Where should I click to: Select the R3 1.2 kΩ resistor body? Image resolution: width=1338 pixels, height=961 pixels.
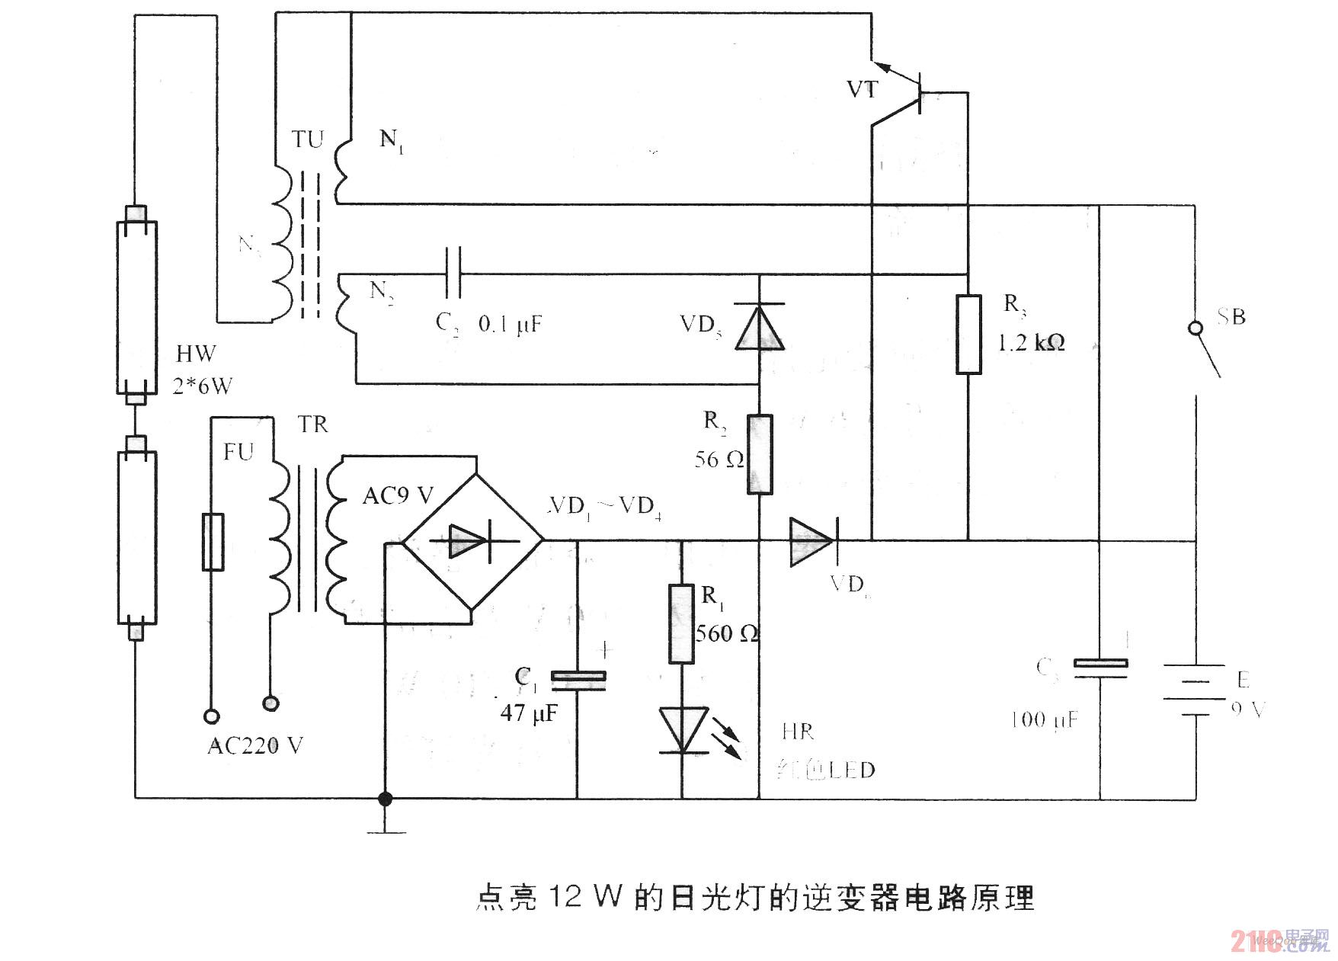point(968,335)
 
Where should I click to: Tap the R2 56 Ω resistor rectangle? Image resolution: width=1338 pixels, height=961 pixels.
point(760,454)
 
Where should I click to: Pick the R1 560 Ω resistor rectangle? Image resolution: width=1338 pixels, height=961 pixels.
point(681,624)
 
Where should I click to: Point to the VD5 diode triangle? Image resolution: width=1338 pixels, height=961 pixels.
point(760,326)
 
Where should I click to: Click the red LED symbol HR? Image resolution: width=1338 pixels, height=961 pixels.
point(683,729)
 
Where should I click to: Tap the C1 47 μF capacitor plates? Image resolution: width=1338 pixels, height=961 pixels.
point(578,680)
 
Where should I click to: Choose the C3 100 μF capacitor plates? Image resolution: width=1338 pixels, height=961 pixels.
point(1100,668)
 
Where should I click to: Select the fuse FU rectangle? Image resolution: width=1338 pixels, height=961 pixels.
point(213,542)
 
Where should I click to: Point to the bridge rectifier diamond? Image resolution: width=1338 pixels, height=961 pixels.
point(472,540)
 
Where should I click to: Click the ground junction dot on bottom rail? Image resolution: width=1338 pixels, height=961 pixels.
point(386,799)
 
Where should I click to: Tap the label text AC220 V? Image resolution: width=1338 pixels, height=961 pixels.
point(255,745)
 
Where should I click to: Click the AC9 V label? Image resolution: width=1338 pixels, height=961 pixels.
point(397,496)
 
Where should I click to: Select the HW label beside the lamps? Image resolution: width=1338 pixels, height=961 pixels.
point(196,354)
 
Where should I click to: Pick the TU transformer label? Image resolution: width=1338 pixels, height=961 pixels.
point(308,139)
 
